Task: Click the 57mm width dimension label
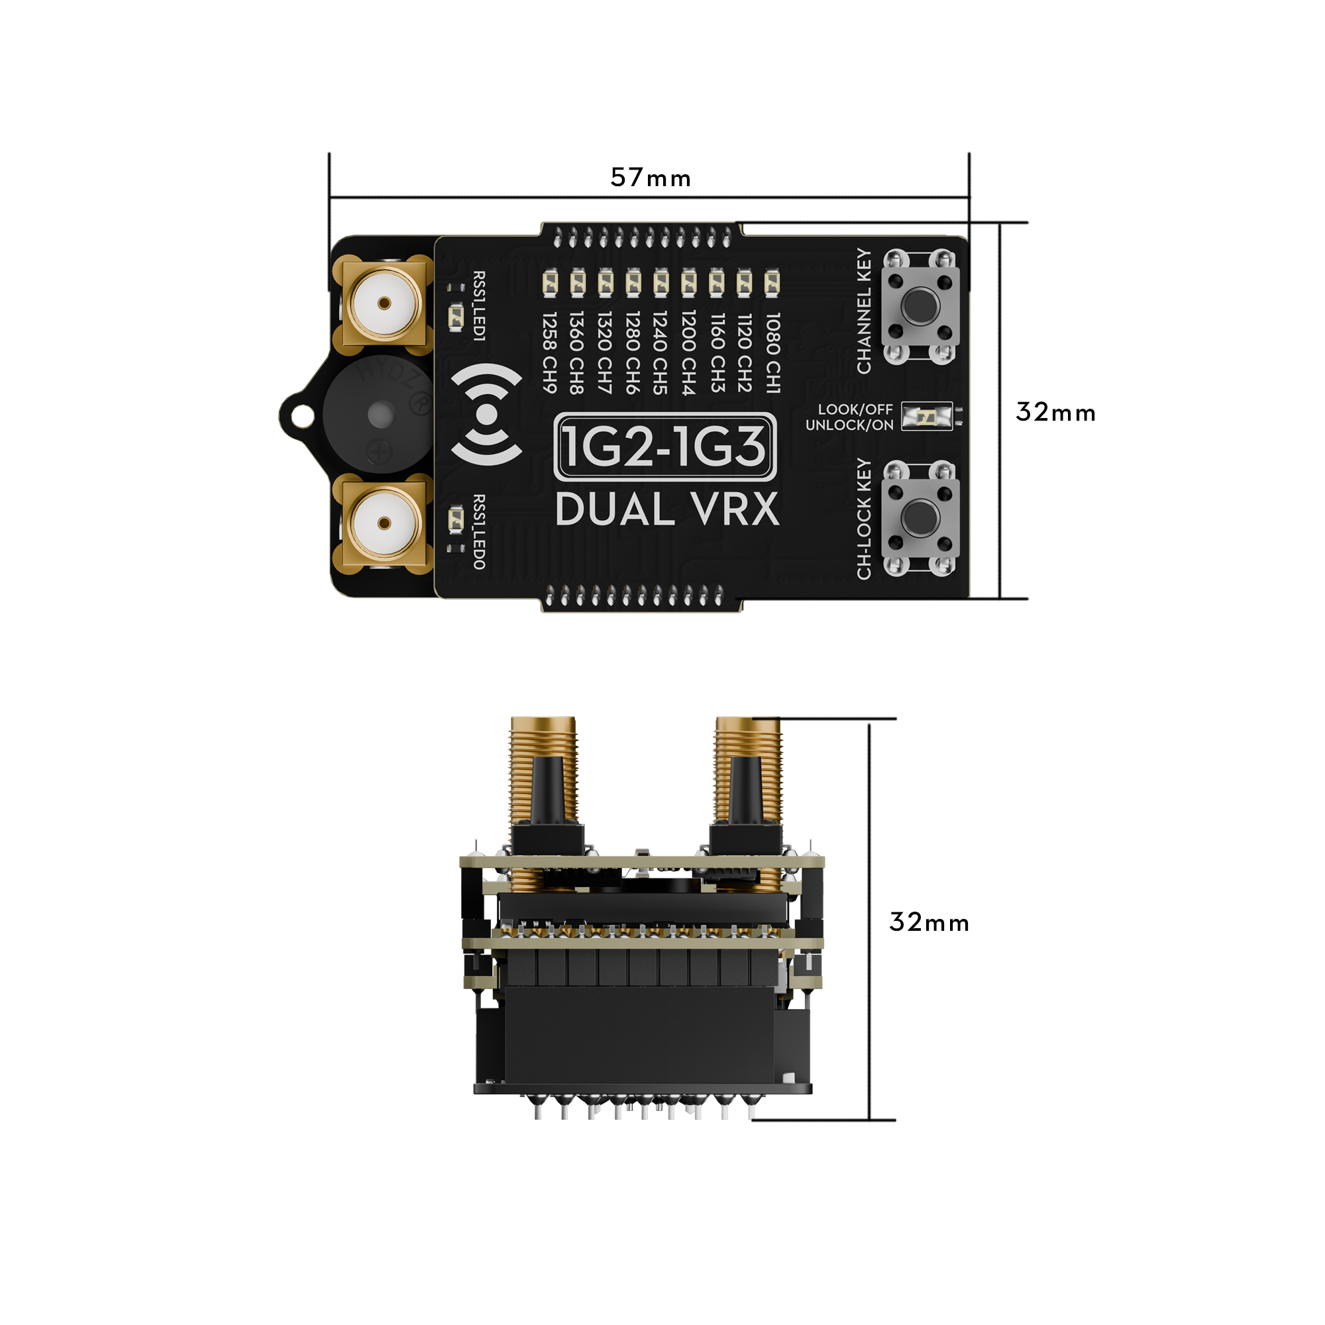point(650,178)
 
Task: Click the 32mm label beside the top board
point(1055,412)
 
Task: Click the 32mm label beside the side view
point(929,922)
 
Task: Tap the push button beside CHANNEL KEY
point(920,306)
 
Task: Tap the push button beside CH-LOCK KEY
point(920,518)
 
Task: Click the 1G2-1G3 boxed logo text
point(664,447)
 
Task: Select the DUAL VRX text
point(666,509)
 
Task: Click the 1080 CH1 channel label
point(772,352)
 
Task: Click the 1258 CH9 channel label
point(549,352)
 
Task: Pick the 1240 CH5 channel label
point(660,352)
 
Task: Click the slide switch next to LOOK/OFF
point(927,416)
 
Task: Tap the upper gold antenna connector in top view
point(384,303)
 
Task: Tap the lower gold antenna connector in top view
point(384,524)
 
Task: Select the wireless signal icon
point(487,414)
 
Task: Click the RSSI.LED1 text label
point(479,306)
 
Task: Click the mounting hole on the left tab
point(300,415)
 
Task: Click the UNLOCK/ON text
point(849,425)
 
